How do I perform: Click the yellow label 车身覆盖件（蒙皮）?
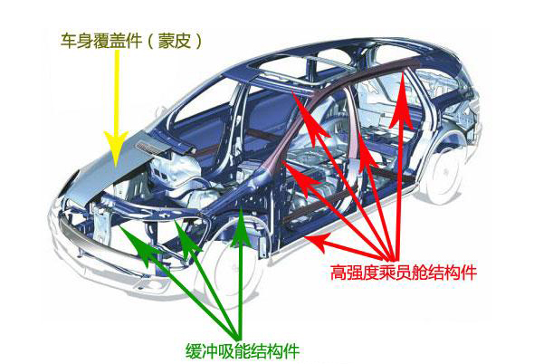(x=132, y=42)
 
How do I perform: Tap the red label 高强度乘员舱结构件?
(x=404, y=273)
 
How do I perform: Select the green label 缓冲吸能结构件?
(x=243, y=350)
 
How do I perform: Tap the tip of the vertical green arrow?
(x=242, y=207)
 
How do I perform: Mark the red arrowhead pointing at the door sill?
(x=318, y=239)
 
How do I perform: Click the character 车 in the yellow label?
(x=69, y=42)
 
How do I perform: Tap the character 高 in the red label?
(x=339, y=273)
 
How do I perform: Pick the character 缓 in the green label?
(x=193, y=350)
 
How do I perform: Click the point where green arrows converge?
(x=237, y=336)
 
